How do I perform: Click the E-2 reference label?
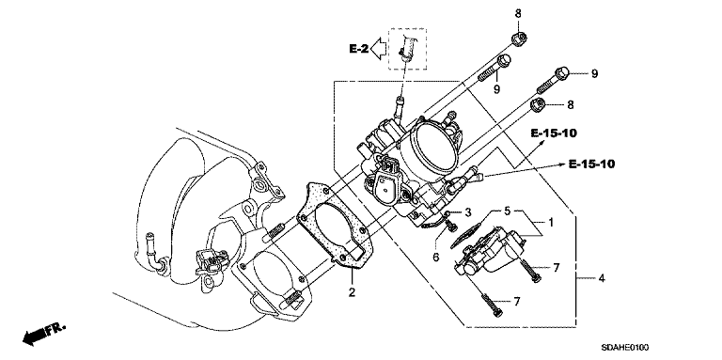(358, 48)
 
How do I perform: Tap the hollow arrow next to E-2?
(379, 49)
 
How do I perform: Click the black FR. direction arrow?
(35, 337)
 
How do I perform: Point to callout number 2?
(352, 292)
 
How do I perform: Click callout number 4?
(602, 278)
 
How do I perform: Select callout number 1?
(550, 223)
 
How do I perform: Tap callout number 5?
(507, 211)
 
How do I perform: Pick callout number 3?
(468, 212)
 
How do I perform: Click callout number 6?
(436, 257)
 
